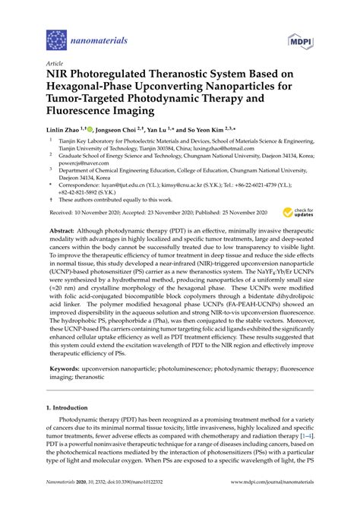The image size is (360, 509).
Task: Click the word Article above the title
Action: pos(56,64)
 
